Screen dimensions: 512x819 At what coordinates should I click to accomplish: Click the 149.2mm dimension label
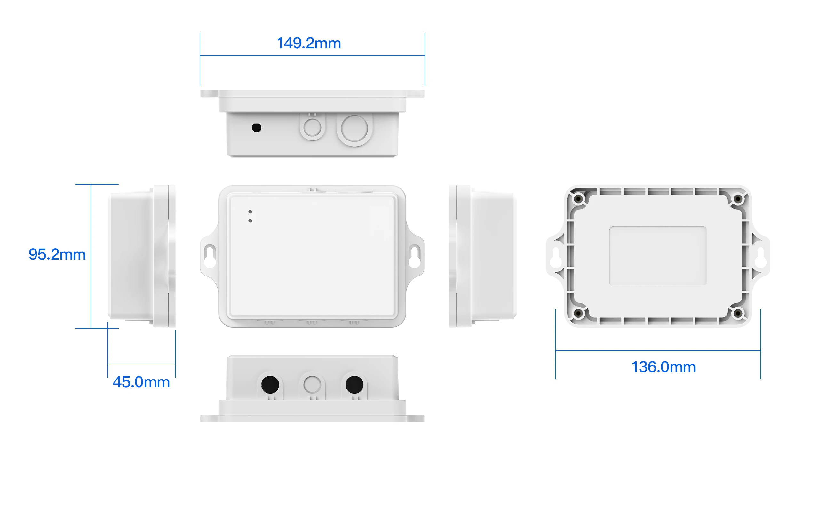pyautogui.click(x=309, y=43)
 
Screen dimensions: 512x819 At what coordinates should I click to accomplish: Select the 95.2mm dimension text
pyautogui.click(x=57, y=254)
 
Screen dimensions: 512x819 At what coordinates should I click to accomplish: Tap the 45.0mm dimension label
pyautogui.click(x=141, y=382)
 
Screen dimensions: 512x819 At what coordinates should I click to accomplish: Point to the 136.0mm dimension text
pyautogui.click(x=663, y=367)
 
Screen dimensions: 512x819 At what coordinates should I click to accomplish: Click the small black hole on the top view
pyautogui.click(x=257, y=128)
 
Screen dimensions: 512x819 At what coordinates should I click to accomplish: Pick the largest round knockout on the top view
pyautogui.click(x=354, y=129)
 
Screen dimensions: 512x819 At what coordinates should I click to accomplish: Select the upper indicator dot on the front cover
pyautogui.click(x=250, y=212)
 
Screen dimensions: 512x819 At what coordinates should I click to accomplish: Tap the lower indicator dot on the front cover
pyautogui.click(x=250, y=221)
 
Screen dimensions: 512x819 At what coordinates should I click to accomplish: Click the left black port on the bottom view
pyautogui.click(x=270, y=384)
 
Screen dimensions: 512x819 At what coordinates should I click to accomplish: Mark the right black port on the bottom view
pyautogui.click(x=354, y=384)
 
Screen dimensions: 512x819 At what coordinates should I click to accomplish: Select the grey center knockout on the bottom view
pyautogui.click(x=312, y=384)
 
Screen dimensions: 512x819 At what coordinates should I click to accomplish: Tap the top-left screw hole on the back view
pyautogui.click(x=578, y=198)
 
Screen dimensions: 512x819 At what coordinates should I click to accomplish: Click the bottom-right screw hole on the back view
pyautogui.click(x=738, y=313)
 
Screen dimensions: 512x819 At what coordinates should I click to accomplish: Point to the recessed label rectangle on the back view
pyautogui.click(x=657, y=256)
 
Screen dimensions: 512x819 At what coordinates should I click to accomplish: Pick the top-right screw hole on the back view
pyautogui.click(x=738, y=198)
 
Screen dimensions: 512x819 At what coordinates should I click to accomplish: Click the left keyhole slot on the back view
pyautogui.click(x=556, y=257)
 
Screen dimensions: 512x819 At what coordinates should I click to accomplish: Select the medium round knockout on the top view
pyautogui.click(x=312, y=128)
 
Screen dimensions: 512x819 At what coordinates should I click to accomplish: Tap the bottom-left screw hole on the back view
pyautogui.click(x=578, y=313)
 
